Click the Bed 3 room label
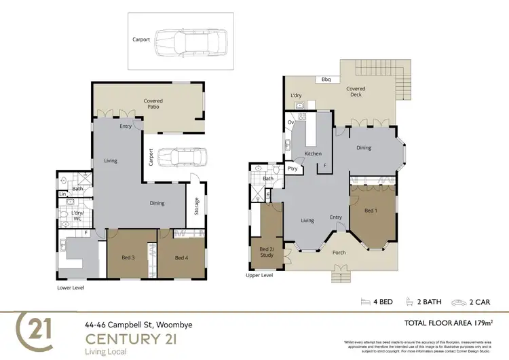coord(128,257)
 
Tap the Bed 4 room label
coord(181,257)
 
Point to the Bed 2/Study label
coord(266,252)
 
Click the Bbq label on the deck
coord(326,79)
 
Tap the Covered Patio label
coord(153,105)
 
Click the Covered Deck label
coord(356,92)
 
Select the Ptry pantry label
coord(293,168)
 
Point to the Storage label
coord(197,205)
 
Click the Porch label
coord(339,253)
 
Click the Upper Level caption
coord(259,276)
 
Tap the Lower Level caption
coord(71,287)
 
